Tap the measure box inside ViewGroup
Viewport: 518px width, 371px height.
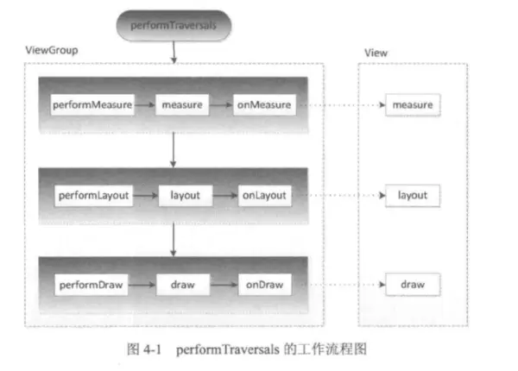coord(180,106)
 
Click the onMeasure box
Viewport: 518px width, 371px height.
coord(264,106)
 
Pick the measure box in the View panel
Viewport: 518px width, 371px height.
coord(412,106)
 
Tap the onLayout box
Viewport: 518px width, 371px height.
coord(264,196)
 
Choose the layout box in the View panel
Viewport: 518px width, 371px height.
coord(412,196)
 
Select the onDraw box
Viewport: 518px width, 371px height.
coord(262,283)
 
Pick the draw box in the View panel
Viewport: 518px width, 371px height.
coord(412,283)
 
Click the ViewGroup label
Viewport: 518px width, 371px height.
coord(52,51)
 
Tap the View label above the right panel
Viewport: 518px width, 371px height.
coord(376,53)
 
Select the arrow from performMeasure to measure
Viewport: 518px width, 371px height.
coord(144,106)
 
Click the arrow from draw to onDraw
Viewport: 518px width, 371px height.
coord(224,283)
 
